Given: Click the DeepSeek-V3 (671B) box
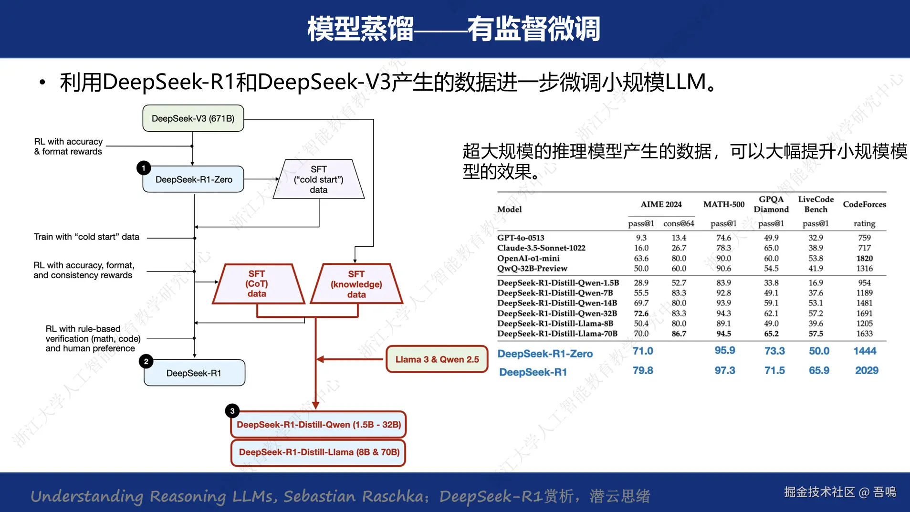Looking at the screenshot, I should click(193, 118).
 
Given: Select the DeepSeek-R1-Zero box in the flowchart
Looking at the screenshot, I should click(193, 179).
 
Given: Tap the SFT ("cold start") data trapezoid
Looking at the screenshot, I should click(318, 179).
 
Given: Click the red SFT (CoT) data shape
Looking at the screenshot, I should click(257, 284).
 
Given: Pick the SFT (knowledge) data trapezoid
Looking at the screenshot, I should click(356, 284).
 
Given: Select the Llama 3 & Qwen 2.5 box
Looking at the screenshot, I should click(437, 359).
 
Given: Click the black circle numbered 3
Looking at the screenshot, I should click(232, 411).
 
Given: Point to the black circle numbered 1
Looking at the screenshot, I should click(144, 168).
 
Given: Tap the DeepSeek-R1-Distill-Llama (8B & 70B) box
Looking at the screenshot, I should click(319, 452).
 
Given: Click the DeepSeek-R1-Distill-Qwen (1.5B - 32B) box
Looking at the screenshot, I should click(318, 425).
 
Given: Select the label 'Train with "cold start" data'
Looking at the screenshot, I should click(86, 237).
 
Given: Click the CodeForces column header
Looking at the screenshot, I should click(864, 204).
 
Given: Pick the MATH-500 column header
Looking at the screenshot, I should click(723, 204).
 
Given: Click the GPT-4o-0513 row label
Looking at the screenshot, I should click(521, 238).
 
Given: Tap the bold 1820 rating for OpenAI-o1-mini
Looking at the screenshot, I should click(864, 258).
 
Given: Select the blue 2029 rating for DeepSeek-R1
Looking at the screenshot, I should click(867, 371).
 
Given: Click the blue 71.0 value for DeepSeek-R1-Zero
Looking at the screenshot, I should click(643, 351).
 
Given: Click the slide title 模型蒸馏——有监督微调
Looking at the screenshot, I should click(454, 29).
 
